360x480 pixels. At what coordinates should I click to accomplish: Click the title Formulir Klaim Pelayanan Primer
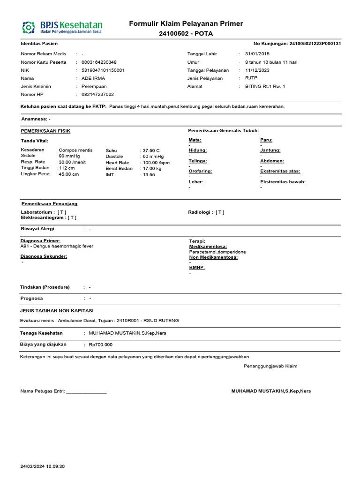click(186, 24)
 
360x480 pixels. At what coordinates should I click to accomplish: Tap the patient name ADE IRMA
click(93, 78)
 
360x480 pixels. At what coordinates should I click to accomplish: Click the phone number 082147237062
click(97, 94)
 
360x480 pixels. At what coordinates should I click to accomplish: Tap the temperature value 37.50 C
click(151, 150)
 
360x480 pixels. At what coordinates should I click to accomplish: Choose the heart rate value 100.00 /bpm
click(156, 163)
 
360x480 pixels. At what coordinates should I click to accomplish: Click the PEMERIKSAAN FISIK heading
click(45, 131)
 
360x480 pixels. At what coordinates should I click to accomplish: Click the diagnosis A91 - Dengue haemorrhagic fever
click(57, 246)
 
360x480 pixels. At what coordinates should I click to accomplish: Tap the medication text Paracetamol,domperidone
click(217, 252)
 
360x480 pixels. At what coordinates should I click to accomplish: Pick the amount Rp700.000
click(101, 345)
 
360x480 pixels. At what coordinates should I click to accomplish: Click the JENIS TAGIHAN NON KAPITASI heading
click(57, 311)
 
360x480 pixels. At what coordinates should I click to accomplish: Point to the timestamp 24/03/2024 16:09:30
click(43, 466)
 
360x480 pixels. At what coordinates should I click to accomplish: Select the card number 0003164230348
click(99, 62)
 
